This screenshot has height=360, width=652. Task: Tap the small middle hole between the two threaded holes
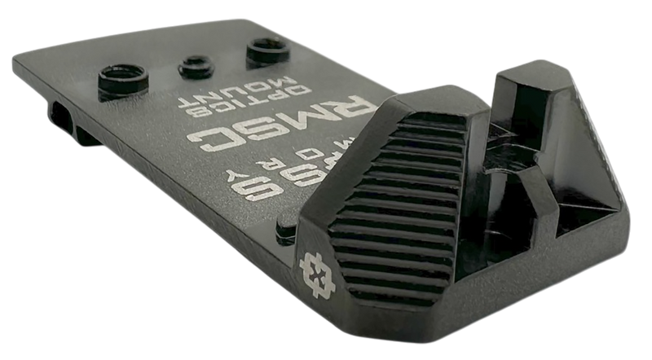(x=195, y=63)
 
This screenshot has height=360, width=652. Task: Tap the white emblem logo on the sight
(x=315, y=270)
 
